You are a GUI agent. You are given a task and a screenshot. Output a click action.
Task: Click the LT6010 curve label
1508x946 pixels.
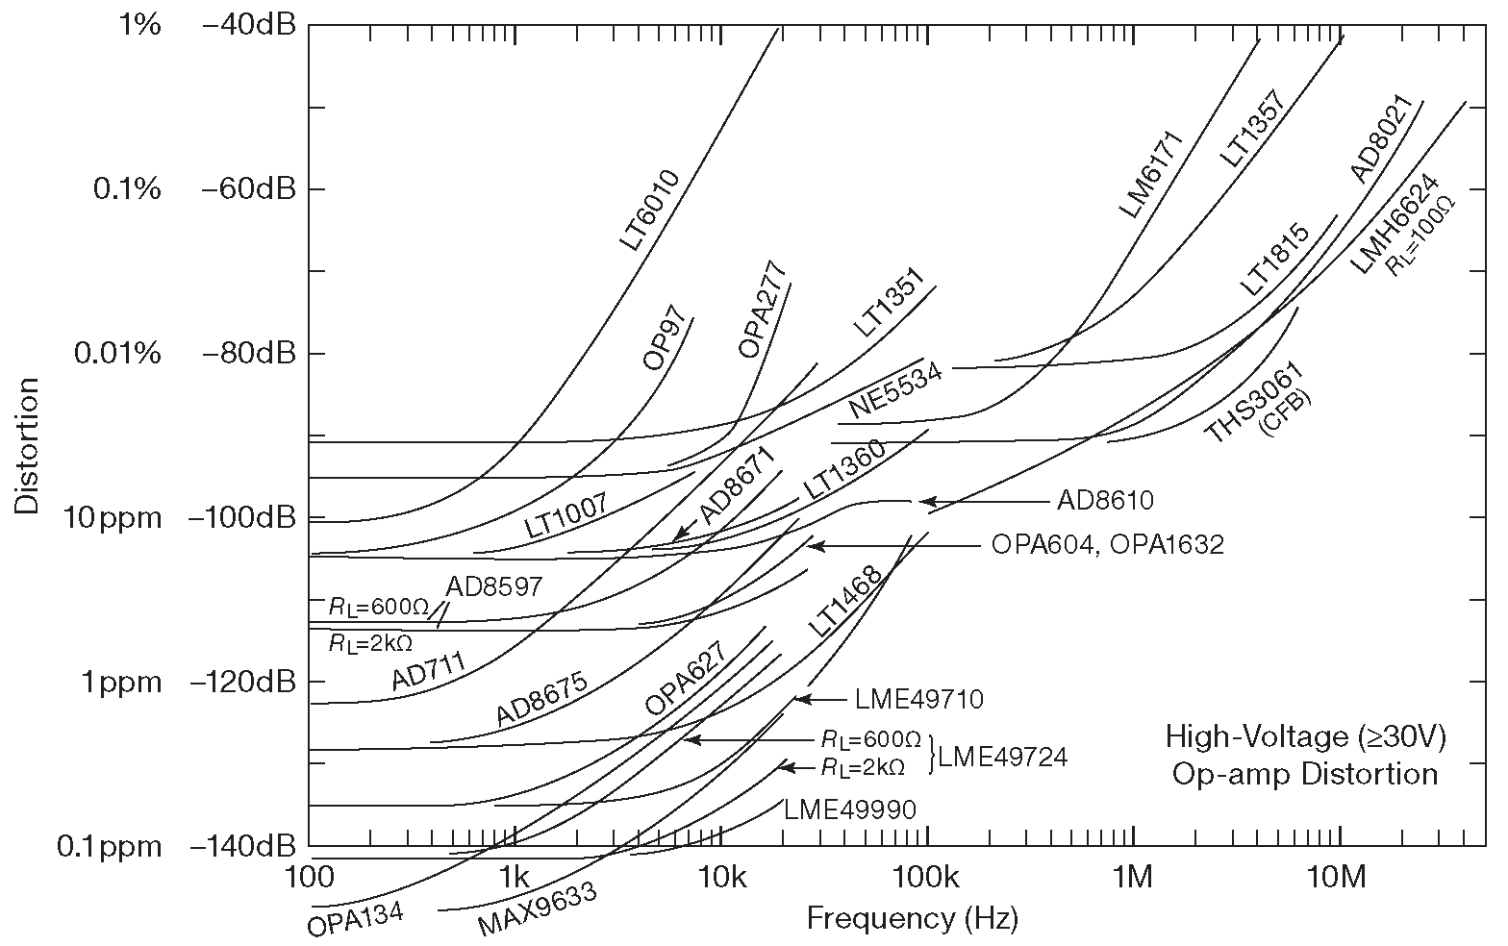pyautogui.click(x=650, y=211)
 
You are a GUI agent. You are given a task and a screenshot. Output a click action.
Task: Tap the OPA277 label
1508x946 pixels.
pyautogui.click(x=763, y=310)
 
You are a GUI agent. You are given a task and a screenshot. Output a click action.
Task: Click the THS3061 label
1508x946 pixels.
pyautogui.click(x=1253, y=403)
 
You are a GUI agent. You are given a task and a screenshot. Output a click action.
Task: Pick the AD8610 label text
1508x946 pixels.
pyautogui.click(x=1105, y=501)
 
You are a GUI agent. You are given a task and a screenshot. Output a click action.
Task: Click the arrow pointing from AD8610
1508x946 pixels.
pyautogui.click(x=980, y=502)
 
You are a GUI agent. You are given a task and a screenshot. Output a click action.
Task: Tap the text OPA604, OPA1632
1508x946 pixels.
pyautogui.click(x=1107, y=545)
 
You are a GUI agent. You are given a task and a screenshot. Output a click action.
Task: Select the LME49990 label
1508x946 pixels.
pyautogui.click(x=849, y=809)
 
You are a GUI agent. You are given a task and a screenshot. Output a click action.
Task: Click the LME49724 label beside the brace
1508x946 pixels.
pyautogui.click(x=1002, y=758)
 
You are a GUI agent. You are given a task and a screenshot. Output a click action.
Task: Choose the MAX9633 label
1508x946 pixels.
pyautogui.click(x=538, y=909)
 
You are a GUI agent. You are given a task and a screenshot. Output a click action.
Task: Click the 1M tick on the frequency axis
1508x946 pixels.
pyautogui.click(x=1133, y=878)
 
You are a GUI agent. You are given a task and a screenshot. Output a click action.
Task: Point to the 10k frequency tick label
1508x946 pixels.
pyautogui.click(x=721, y=878)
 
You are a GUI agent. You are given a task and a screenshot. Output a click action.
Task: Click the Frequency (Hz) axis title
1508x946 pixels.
pyautogui.click(x=911, y=919)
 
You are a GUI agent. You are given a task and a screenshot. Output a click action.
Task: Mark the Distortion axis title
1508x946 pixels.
pyautogui.click(x=27, y=444)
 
